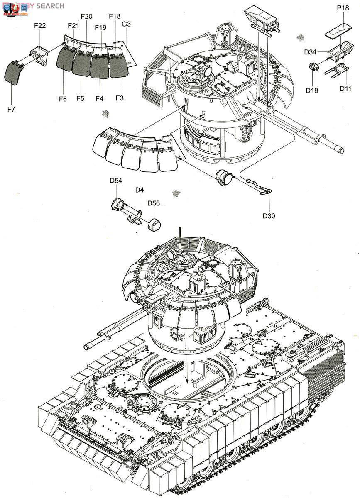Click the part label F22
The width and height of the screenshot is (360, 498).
tap(40, 26)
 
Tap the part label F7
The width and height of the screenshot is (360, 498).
tap(11, 110)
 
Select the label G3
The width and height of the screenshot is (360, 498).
tap(126, 24)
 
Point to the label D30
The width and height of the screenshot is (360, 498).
tap(269, 215)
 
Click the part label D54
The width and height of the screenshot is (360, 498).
tap(116, 181)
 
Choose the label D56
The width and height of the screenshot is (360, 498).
tap(154, 203)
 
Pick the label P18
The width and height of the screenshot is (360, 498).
tap(343, 8)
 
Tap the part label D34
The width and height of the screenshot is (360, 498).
tap(310, 52)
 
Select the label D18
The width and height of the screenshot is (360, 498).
tap(312, 90)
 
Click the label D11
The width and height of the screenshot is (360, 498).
tap(345, 88)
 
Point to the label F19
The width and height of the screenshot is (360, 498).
tap(100, 28)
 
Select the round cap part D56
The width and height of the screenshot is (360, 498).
tap(154, 224)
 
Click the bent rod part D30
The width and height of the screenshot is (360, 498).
tap(260, 185)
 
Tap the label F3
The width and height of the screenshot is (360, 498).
tap(120, 98)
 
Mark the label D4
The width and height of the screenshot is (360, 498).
tap(139, 190)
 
